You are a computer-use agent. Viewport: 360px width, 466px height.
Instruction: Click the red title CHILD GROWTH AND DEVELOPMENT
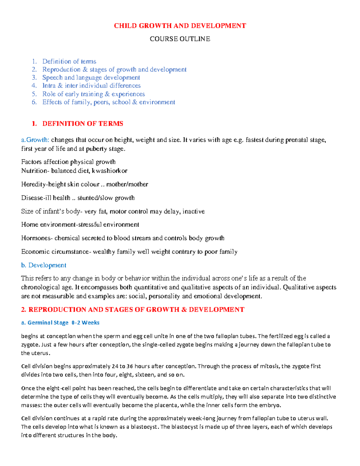coord(180,26)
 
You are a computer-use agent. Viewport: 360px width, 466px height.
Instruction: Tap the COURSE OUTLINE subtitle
coord(180,39)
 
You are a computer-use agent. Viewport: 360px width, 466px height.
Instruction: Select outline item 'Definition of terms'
coord(69,62)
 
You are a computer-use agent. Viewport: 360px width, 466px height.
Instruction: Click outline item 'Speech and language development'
coord(91,78)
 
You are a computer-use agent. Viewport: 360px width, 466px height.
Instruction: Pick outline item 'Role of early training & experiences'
coord(94,94)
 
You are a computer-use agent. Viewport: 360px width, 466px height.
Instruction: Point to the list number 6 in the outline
coord(34,102)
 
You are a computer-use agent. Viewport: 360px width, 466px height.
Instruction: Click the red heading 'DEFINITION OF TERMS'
coord(83,124)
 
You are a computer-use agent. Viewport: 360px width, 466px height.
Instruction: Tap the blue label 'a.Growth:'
coord(35,140)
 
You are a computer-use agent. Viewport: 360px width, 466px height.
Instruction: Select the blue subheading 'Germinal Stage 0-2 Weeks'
coord(63,323)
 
